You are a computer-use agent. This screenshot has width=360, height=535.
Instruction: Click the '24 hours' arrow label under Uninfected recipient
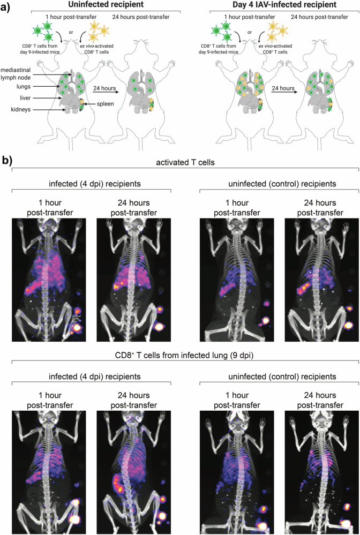click(x=103, y=87)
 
